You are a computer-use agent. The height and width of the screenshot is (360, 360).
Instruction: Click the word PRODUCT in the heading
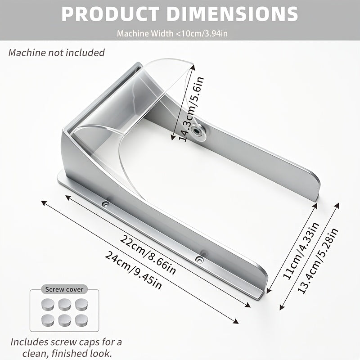[110, 14]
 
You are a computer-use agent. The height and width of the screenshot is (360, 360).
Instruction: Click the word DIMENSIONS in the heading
[232, 14]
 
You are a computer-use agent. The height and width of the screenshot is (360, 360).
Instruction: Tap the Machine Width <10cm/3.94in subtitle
[172, 33]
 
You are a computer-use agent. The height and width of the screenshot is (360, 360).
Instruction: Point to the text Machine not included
[57, 53]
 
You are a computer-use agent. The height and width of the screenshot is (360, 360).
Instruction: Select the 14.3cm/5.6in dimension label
[191, 109]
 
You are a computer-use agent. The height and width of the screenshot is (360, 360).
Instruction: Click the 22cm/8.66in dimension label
[148, 255]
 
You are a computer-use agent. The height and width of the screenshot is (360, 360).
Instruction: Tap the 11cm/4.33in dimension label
[301, 251]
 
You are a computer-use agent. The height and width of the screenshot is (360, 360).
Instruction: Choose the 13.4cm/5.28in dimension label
[318, 261]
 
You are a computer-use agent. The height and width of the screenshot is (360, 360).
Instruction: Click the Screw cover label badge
[64, 289]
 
